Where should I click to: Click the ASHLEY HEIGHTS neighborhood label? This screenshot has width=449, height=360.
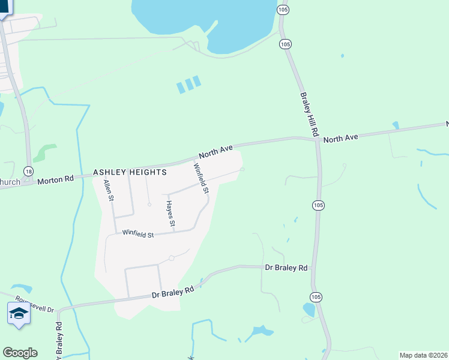tap(130, 172)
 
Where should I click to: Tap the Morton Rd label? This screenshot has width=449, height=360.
tap(55, 179)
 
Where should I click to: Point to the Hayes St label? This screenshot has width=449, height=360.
tap(170, 214)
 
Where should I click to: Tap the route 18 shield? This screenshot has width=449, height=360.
tap(28, 171)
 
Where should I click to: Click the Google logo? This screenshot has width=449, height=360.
tap(20, 353)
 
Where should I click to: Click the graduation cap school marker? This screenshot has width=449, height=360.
tap(19, 313)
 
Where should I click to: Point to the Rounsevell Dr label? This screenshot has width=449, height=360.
tap(35, 305)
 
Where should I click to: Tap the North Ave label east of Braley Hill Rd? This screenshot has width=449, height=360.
tap(340, 138)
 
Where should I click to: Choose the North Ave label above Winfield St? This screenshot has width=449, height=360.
tap(215, 150)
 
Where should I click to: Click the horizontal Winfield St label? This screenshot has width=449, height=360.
tap(138, 234)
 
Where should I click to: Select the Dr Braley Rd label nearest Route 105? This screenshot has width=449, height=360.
tap(286, 268)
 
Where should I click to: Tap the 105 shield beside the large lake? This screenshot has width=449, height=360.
tap(285, 44)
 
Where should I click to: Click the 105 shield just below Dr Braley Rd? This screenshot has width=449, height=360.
tap(317, 297)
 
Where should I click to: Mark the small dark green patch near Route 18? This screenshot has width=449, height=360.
tap(44, 152)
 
